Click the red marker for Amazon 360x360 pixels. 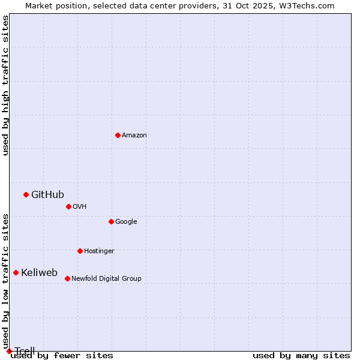pos(118,135)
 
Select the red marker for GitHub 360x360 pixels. pos(26,194)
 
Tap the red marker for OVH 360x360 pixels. pos(68,206)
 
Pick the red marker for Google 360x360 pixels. pos(111,221)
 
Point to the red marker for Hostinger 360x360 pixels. pos(80,251)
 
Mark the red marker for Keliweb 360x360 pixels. pos(16,272)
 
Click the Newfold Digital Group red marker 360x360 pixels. pos(67,278)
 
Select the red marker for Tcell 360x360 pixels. pos(9,351)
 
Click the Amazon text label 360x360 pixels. pos(134,135)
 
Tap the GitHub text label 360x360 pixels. pos(47,194)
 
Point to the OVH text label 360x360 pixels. pos(80,206)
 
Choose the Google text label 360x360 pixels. pos(126,221)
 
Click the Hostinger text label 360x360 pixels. pos(99,251)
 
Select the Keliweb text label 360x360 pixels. pos(39,272)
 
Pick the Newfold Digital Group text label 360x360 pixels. pos(106,278)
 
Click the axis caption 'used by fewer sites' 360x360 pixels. pos(62,356)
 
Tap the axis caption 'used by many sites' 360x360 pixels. pos(301,356)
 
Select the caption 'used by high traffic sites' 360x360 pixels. pos(5,85)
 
